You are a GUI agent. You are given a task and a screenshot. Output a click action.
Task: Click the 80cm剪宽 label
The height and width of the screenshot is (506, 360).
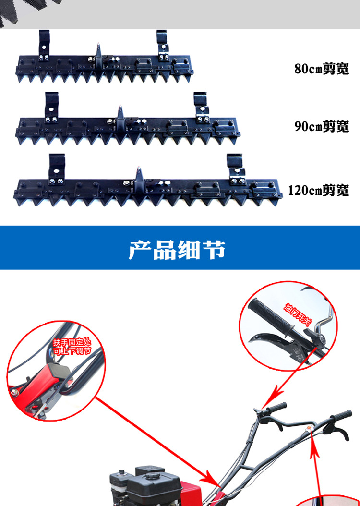point(322,69)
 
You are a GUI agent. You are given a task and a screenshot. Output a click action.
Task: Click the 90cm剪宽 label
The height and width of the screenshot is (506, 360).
point(322,126)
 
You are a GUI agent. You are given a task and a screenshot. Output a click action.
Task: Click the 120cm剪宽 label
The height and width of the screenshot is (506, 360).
point(318,190)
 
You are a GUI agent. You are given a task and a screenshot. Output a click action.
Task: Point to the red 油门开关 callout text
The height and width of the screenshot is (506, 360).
point(298,314)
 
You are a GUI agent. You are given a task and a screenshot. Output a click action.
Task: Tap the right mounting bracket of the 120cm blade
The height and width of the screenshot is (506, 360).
point(236,169)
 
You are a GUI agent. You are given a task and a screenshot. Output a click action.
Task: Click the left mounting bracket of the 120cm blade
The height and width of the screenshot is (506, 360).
point(57,169)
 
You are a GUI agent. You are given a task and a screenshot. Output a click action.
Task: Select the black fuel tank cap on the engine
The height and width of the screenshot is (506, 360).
point(152,476)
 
